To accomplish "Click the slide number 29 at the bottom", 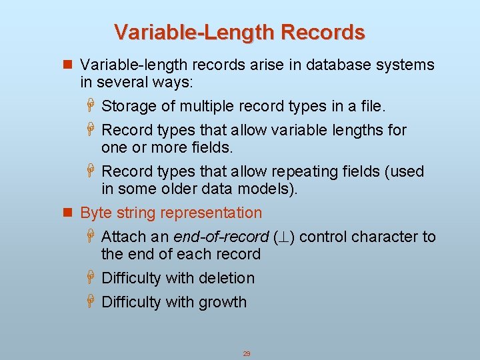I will pyautogui.click(x=246, y=354).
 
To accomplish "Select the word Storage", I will pyautogui.click(x=128, y=106).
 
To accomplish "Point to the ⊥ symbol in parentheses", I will pyautogui.click(x=283, y=237).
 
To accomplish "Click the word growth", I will pyautogui.click(x=221, y=302).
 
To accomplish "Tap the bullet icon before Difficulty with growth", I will pyautogui.click(x=92, y=302).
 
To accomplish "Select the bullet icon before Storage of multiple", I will pyautogui.click(x=92, y=106).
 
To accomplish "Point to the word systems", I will pyautogui.click(x=404, y=65).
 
